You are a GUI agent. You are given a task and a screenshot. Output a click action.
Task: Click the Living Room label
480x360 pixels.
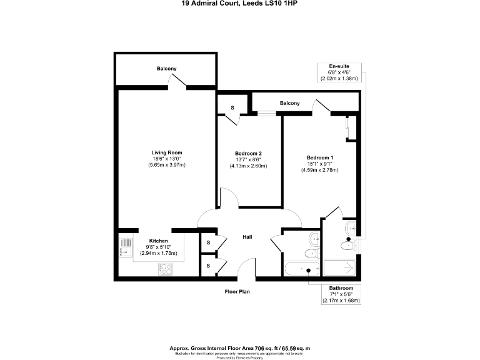tap(167, 152)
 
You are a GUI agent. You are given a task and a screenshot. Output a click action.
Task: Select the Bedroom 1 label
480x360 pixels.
tap(320, 157)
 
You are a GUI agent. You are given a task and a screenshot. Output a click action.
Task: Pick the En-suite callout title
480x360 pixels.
tap(339, 66)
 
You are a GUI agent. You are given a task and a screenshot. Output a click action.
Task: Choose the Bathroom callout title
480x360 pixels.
tap(341, 287)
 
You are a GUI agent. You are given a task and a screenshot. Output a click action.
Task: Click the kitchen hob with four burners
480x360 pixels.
tap(166, 269)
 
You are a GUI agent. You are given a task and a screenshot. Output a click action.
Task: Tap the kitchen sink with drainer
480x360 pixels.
tap(125, 247)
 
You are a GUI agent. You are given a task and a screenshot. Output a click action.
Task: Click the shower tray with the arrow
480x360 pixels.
tap(340, 269)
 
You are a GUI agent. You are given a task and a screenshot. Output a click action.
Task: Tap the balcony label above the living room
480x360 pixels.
tap(167, 69)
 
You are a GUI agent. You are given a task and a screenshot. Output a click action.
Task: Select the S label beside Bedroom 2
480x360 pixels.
tap(232, 108)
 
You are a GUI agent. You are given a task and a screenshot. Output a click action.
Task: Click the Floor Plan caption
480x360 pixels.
tap(237, 291)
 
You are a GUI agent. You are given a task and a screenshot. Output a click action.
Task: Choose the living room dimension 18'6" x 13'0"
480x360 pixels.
tap(167, 159)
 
